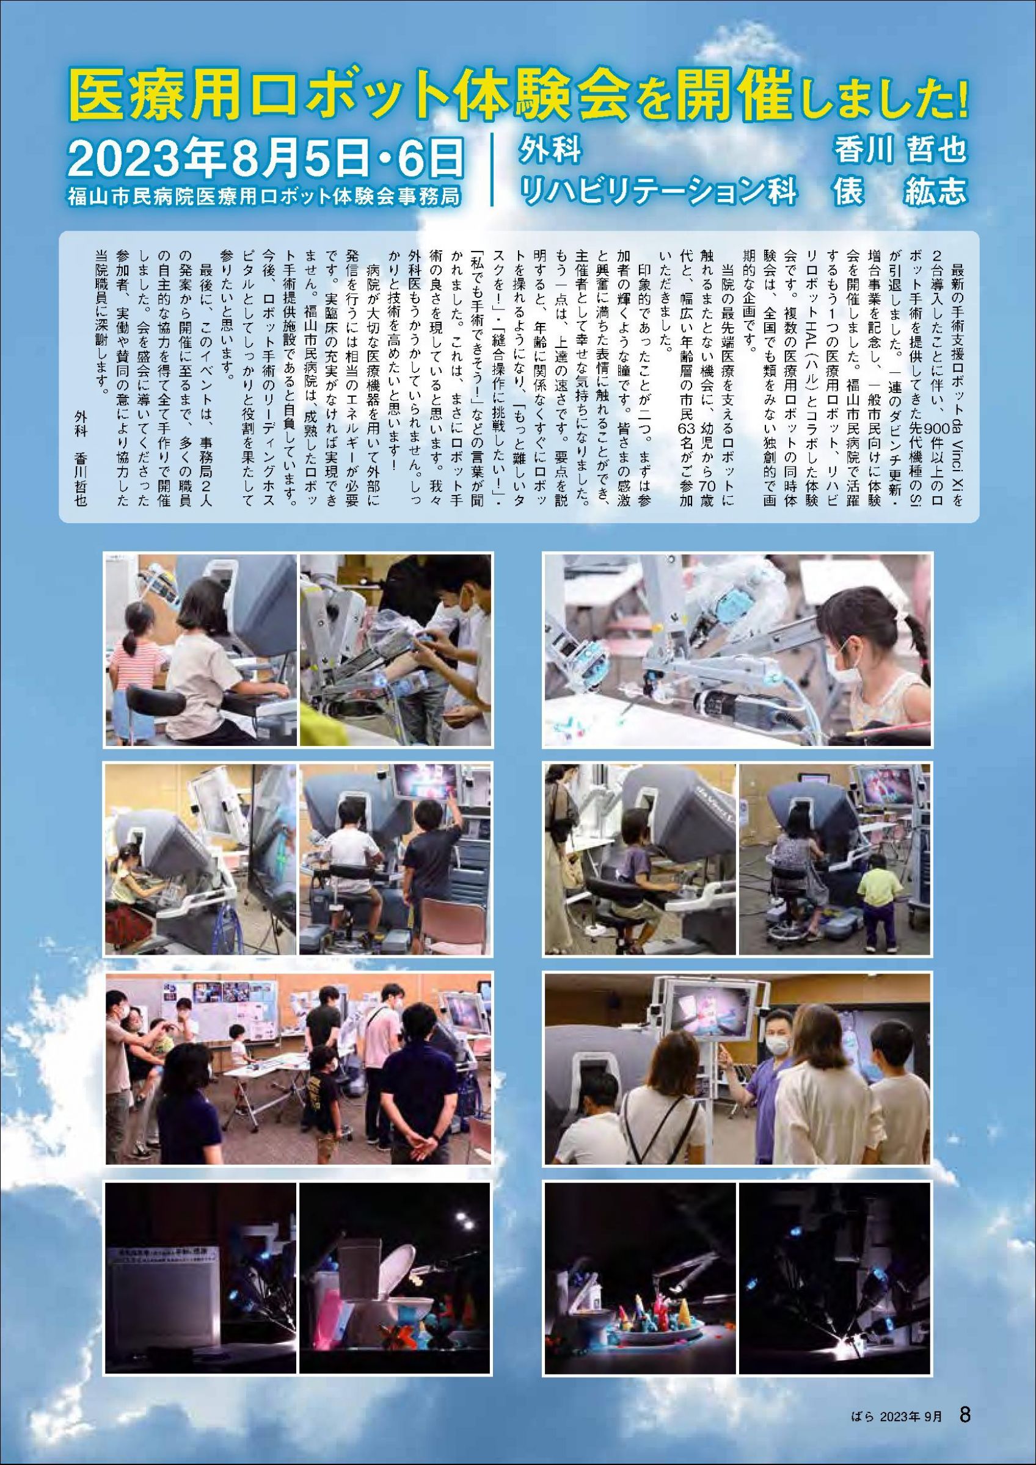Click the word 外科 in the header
[x=550, y=151]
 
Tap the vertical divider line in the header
[x=494, y=168]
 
